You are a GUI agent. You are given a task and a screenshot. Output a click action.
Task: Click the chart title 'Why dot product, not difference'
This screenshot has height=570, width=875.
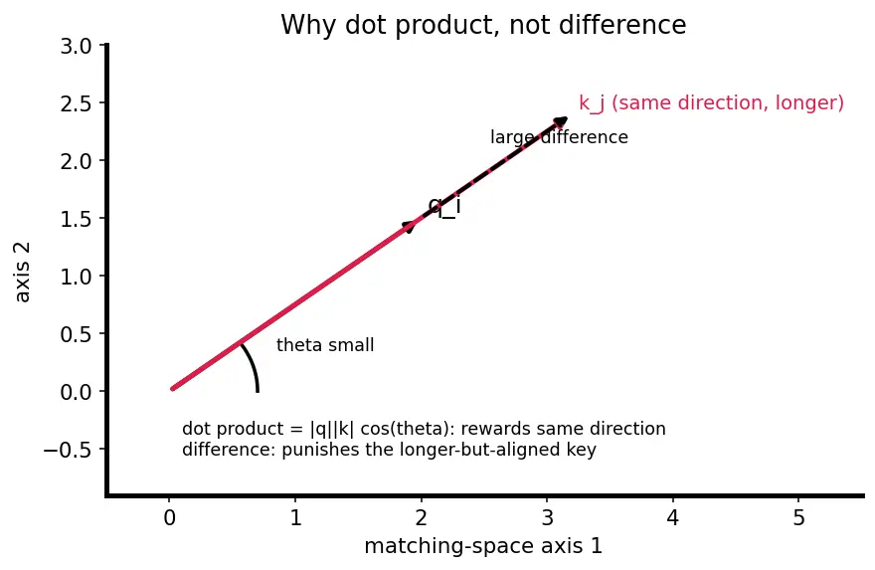tap(483, 25)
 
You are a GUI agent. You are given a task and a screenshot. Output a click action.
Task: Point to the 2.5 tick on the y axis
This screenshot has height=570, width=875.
tap(102, 102)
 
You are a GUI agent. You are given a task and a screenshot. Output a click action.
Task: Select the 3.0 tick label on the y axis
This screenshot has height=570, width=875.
tap(76, 46)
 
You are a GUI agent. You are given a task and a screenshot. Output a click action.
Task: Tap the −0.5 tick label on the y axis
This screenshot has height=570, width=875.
tap(68, 450)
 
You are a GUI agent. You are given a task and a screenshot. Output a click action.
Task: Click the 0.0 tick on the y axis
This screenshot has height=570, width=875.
tap(102, 391)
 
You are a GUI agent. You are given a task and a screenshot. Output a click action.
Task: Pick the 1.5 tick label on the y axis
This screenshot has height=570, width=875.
tap(76, 219)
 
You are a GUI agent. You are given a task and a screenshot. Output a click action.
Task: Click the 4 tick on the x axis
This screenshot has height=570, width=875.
tap(673, 498)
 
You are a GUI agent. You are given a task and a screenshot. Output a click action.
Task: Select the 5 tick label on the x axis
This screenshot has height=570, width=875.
tap(798, 518)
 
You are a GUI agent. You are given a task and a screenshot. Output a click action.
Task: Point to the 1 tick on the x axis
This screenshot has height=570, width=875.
tap(295, 498)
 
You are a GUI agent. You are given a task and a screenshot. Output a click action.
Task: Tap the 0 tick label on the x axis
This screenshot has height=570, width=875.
tap(170, 518)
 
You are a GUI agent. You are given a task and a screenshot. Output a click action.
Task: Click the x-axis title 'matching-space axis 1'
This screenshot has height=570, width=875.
tap(483, 546)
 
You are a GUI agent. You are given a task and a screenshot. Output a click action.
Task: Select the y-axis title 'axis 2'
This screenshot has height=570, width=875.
tap(22, 273)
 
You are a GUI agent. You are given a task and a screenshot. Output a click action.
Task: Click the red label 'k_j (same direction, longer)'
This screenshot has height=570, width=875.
tap(712, 103)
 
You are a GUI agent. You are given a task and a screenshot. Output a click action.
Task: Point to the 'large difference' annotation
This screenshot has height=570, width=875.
tap(559, 137)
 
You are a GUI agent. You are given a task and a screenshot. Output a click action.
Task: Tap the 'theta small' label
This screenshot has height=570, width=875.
tap(325, 345)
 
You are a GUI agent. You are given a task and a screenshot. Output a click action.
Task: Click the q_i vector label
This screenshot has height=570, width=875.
tap(444, 207)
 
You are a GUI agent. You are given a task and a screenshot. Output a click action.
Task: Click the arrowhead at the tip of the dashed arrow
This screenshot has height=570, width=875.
tap(560, 122)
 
